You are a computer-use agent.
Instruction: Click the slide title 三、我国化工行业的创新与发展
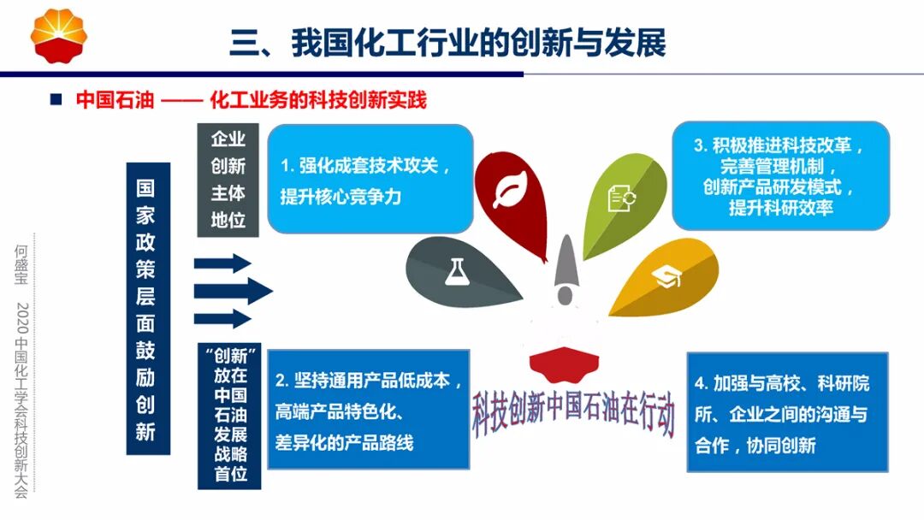click(447, 42)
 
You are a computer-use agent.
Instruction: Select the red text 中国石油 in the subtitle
click(115, 100)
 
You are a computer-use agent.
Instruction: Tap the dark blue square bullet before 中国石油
click(56, 99)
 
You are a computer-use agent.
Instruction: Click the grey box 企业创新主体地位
click(228, 180)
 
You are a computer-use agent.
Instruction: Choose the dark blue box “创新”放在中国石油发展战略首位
click(229, 414)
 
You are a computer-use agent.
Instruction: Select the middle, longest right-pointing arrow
click(231, 292)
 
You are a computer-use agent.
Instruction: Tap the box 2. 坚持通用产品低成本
click(369, 410)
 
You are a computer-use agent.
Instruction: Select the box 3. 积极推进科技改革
click(779, 175)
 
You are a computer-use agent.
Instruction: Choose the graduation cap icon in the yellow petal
click(664, 276)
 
